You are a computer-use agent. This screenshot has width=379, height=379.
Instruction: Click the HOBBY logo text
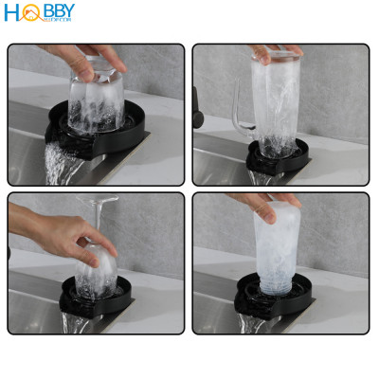point(40,13)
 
